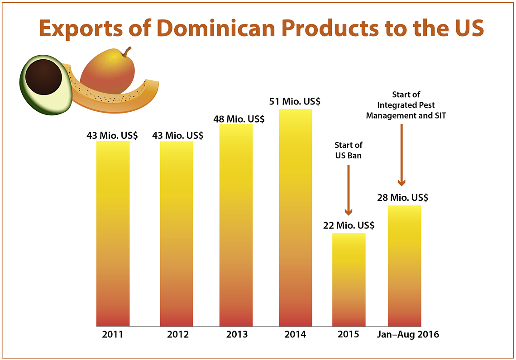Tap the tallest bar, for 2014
click(295, 218)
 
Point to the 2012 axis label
click(178, 335)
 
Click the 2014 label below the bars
click(295, 335)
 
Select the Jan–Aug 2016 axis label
click(408, 335)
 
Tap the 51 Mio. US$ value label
click(295, 101)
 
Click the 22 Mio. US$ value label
click(349, 225)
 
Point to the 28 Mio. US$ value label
click(403, 198)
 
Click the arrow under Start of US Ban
click(349, 190)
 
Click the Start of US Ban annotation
click(349, 150)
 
